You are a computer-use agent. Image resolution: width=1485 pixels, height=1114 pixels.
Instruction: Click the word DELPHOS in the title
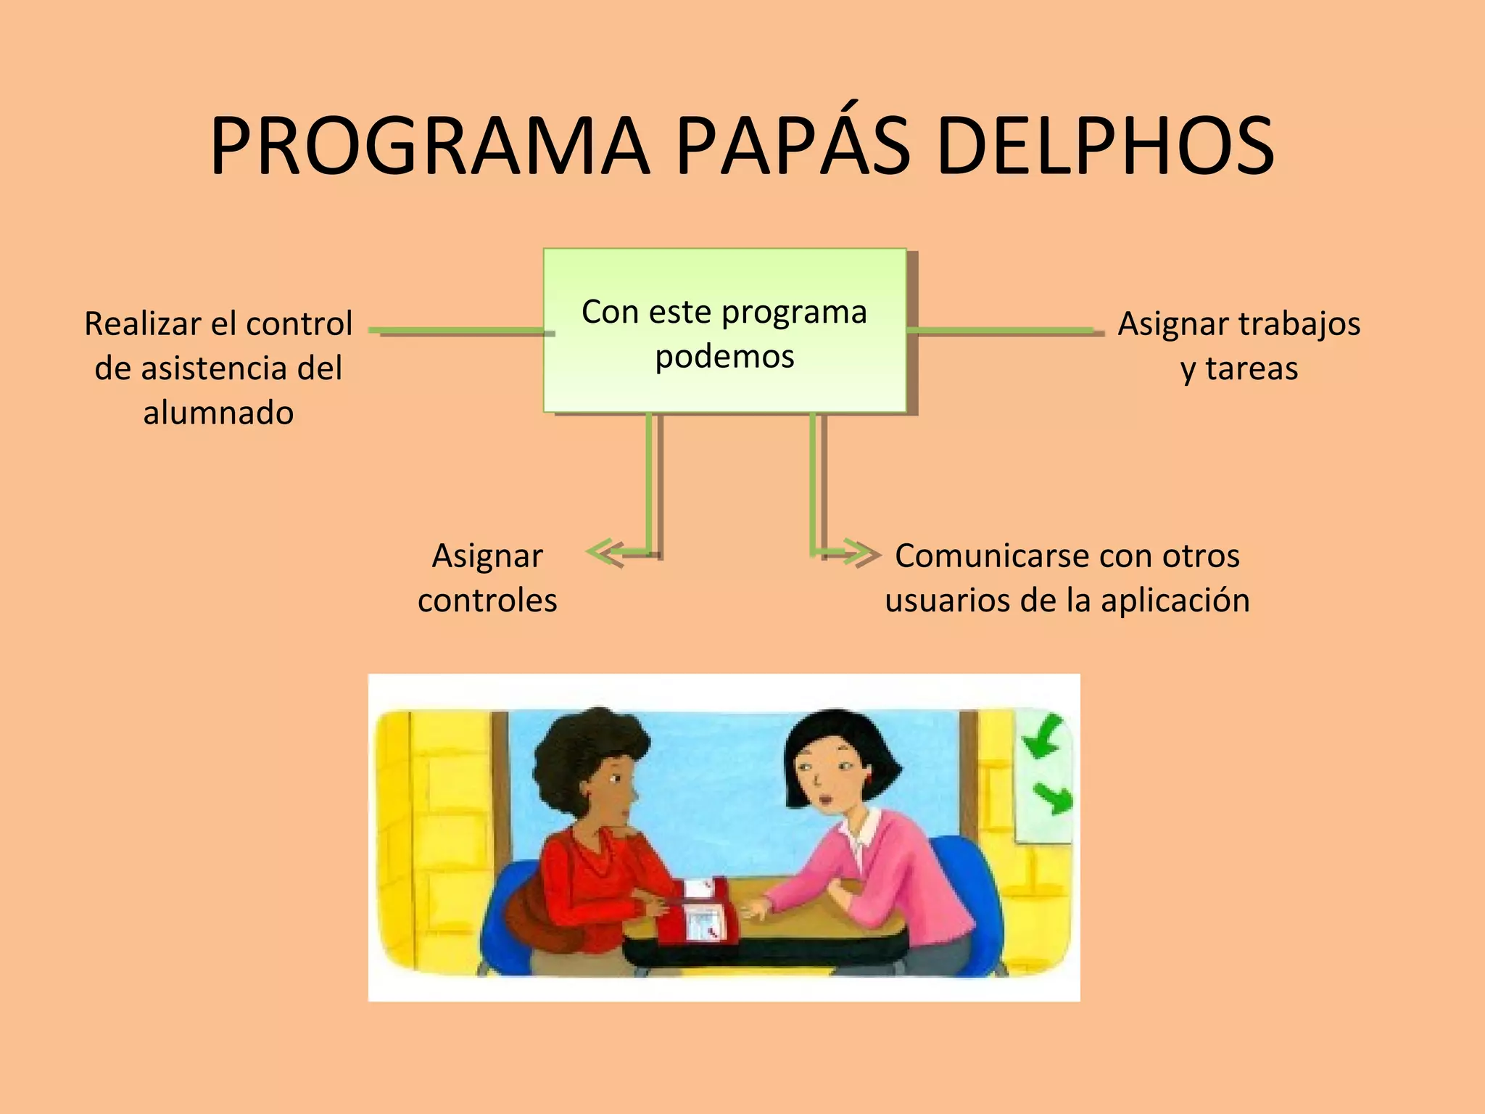tap(1105, 147)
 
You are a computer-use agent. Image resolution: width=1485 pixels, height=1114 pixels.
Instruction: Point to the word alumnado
tap(218, 413)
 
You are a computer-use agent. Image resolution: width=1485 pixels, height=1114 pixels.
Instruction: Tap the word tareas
tap(1252, 368)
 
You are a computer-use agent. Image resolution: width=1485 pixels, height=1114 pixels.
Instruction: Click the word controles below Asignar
tap(487, 601)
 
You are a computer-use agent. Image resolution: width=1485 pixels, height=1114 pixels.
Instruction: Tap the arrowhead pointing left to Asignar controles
tap(603, 553)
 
